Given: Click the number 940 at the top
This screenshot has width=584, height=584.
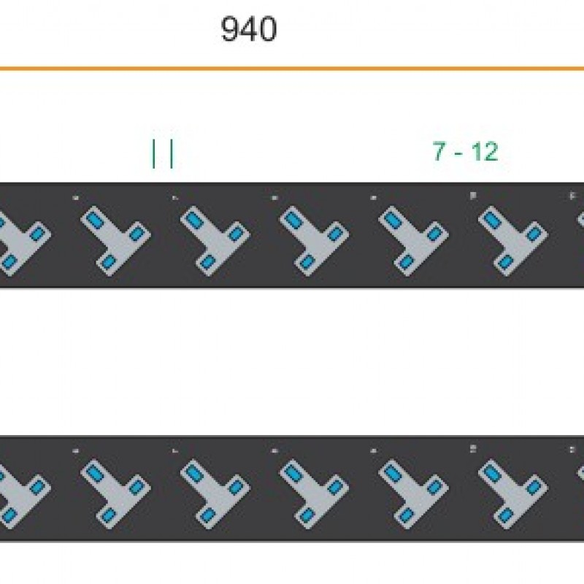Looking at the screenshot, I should coord(248,30).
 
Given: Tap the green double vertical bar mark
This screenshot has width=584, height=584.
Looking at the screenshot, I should coord(162,153).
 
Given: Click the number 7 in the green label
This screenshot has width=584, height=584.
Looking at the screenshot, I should coord(439,152).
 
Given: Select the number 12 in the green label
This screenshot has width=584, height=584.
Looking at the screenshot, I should coord(484,152).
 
